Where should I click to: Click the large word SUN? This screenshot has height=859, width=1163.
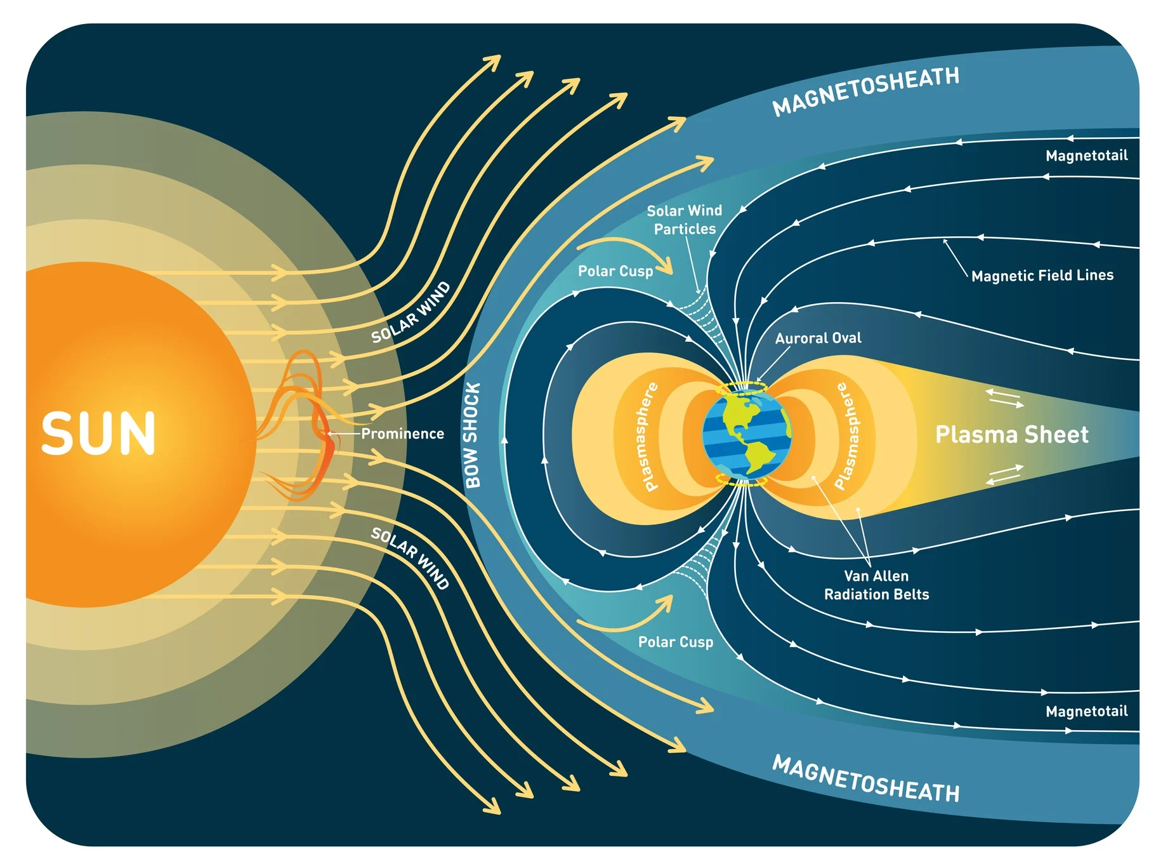(98, 434)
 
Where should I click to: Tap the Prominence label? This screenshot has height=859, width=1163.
(402, 434)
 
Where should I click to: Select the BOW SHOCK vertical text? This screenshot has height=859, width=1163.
(473, 435)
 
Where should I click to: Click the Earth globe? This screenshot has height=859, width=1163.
(747, 434)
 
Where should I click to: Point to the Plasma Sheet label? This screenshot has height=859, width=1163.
(1012, 434)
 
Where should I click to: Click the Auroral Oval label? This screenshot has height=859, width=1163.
(818, 338)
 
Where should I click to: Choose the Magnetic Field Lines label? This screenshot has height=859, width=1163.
(1042, 276)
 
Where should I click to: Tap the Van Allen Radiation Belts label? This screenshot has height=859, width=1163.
(876, 585)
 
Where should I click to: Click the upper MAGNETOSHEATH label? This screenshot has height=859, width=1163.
(865, 91)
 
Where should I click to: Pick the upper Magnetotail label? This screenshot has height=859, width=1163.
(1087, 156)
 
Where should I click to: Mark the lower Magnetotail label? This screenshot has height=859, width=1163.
(1087, 711)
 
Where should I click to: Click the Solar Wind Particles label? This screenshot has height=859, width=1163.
(685, 220)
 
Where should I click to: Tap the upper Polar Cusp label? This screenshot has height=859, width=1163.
(615, 271)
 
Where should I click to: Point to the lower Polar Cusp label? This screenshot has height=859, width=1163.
(676, 642)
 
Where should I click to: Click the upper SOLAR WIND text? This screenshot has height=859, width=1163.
(411, 312)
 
